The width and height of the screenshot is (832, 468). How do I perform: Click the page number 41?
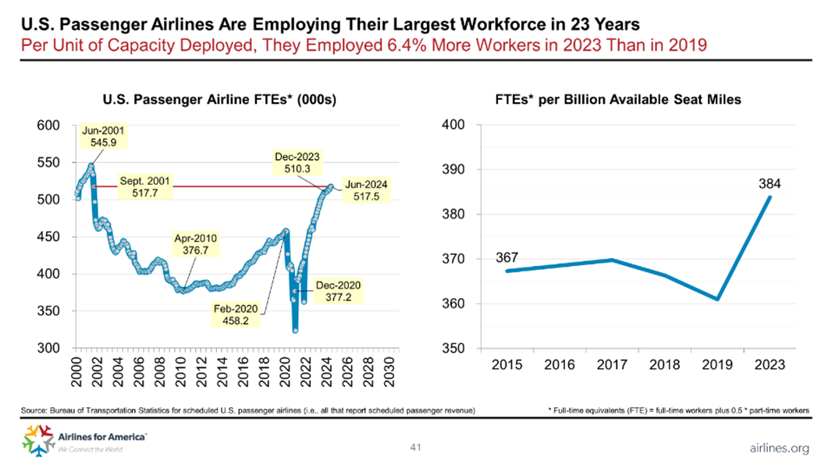pyautogui.click(x=415, y=448)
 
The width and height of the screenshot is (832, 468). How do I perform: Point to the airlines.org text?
pyautogui.click(x=778, y=448)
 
